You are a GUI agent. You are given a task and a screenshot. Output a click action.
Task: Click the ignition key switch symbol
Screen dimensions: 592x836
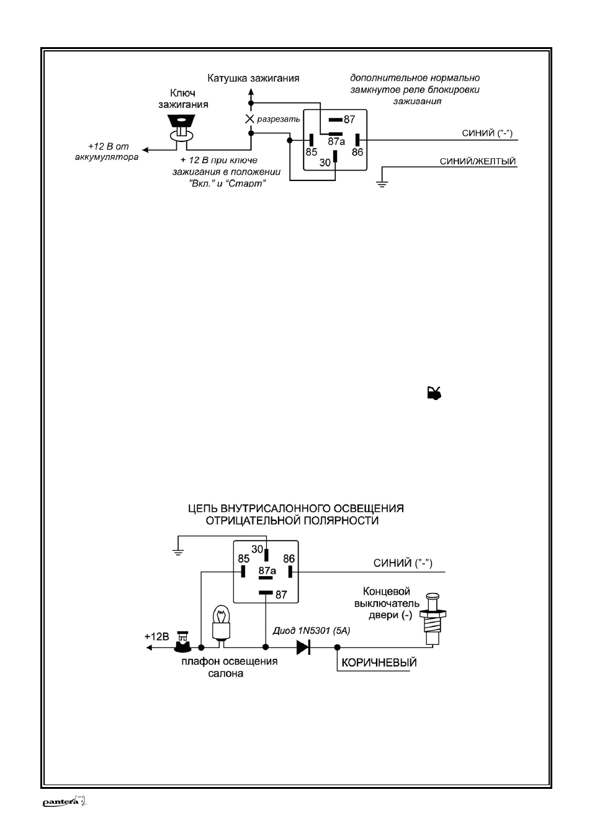pos(182,129)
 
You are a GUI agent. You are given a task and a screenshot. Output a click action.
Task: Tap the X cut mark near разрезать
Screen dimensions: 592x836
pos(249,118)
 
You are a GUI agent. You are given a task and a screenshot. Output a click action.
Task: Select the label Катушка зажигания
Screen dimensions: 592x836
pos(254,78)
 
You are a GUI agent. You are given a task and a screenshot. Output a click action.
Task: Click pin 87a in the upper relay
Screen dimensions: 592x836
pos(335,133)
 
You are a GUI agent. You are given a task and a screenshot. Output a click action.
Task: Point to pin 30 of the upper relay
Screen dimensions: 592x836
pos(335,156)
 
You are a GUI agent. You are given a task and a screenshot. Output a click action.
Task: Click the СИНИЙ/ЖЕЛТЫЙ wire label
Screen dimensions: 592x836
pos(478,161)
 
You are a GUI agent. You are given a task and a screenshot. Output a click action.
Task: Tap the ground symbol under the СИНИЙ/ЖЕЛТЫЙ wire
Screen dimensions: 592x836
pos(382,183)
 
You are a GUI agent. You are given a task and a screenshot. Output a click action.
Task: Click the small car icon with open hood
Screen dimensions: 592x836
pos(434,393)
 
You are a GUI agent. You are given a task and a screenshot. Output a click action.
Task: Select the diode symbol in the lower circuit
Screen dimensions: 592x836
pos(303,647)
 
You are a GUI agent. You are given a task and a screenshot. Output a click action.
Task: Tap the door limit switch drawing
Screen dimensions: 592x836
pos(433,619)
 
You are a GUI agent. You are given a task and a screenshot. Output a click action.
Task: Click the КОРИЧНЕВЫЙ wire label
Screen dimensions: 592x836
pos(379,662)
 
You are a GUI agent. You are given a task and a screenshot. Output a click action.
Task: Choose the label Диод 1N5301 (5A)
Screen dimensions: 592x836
pos(312,631)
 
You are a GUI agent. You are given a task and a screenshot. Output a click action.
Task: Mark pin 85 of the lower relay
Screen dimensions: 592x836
pos(243,571)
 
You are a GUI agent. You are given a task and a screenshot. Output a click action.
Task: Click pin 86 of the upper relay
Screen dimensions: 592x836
pos(357,140)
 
